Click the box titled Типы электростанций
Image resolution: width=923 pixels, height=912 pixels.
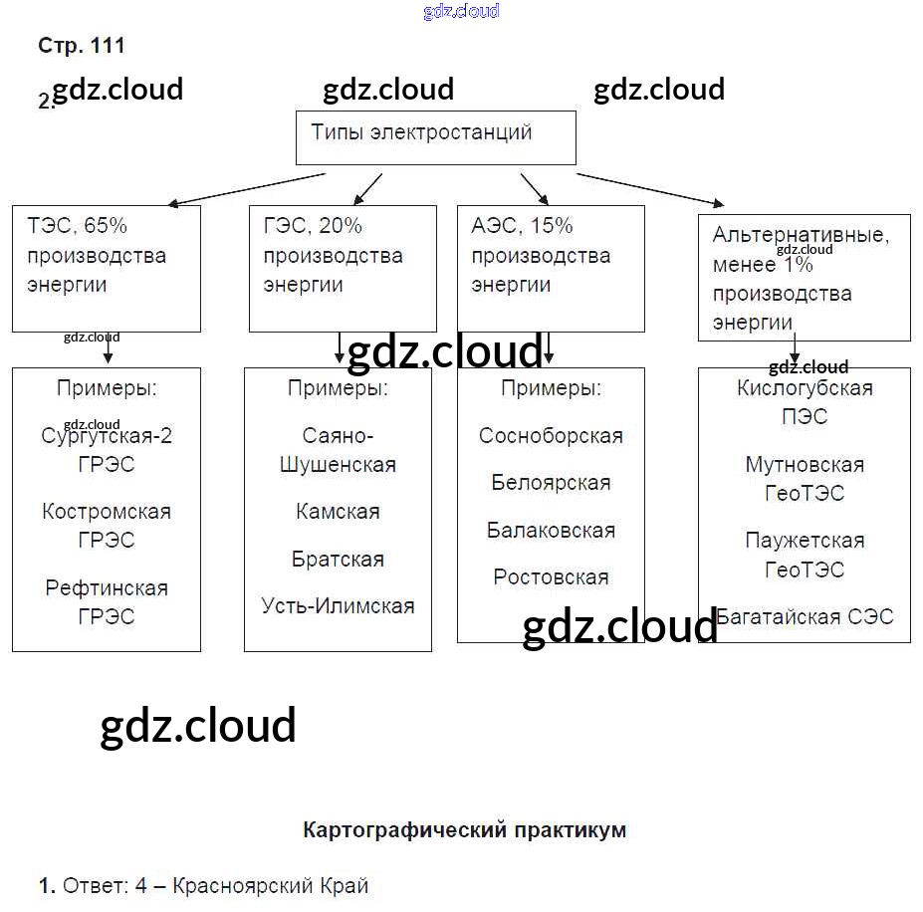click(435, 137)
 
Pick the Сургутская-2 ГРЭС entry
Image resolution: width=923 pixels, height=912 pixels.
click(107, 450)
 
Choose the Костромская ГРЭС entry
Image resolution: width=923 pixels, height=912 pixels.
click(107, 526)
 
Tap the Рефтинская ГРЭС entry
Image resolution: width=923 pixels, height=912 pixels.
click(107, 601)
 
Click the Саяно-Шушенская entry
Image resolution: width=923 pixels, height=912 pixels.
click(338, 450)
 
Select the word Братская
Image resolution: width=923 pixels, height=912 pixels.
click(338, 560)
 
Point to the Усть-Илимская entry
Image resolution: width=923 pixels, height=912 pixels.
click(338, 606)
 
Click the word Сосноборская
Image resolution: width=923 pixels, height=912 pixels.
click(551, 436)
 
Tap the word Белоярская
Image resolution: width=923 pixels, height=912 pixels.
click(551, 483)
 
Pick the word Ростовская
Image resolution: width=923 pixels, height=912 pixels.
click(551, 577)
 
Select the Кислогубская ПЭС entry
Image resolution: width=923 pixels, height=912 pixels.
click(805, 402)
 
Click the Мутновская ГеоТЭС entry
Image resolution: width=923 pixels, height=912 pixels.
click(805, 479)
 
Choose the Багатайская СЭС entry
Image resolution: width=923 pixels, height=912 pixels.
click(805, 616)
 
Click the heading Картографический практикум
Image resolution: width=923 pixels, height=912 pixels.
click(464, 830)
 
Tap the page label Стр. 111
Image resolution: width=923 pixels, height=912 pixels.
click(82, 46)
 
